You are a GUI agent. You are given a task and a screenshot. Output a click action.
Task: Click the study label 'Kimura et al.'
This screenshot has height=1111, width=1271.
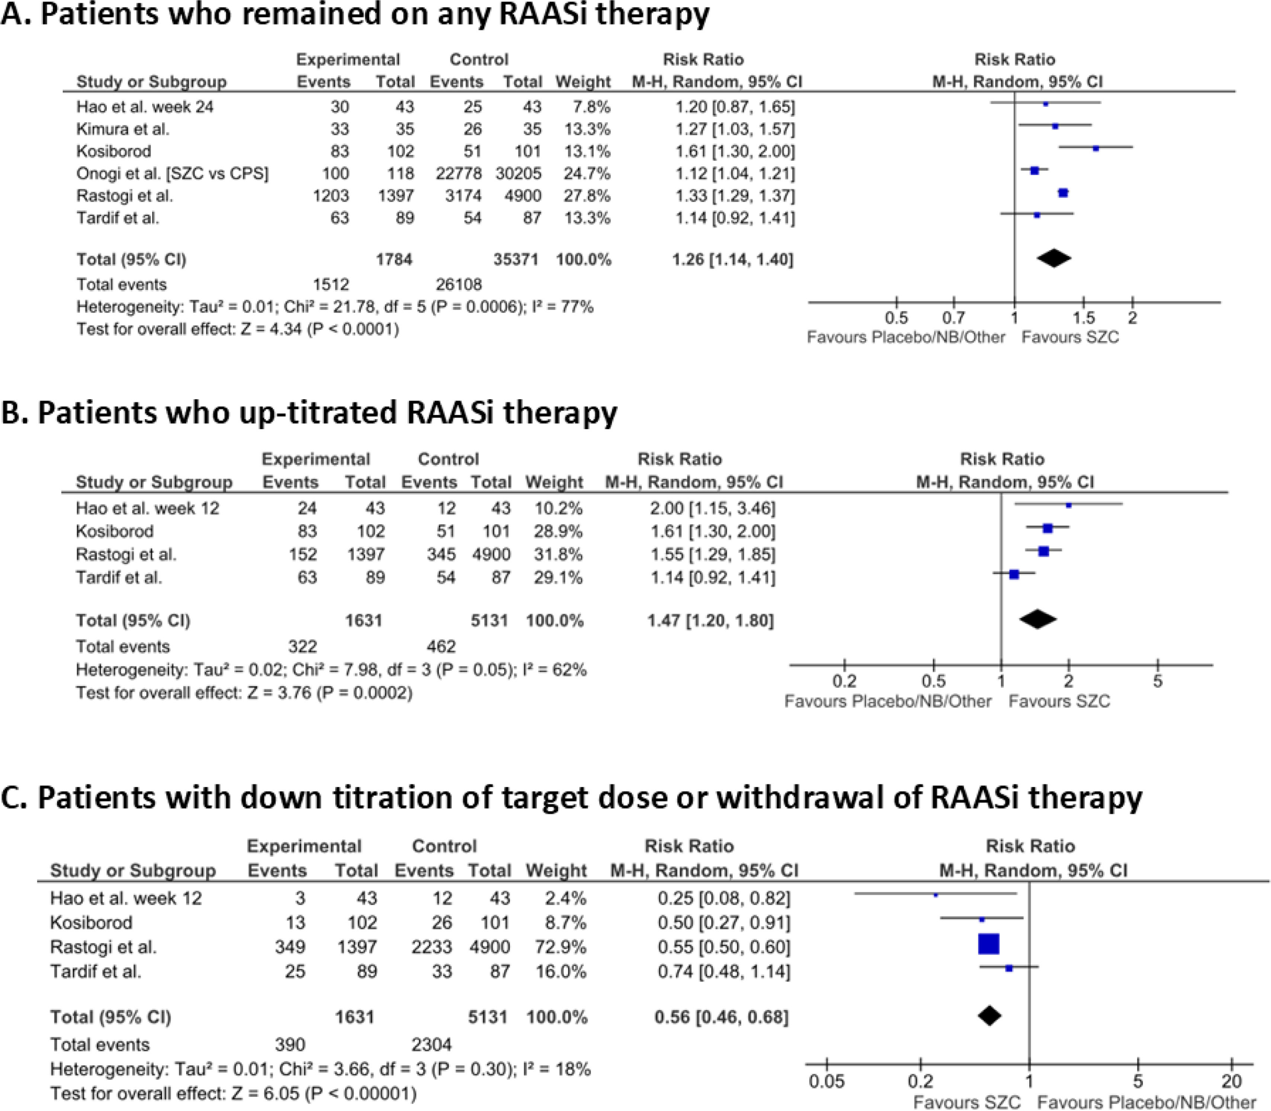click(x=123, y=129)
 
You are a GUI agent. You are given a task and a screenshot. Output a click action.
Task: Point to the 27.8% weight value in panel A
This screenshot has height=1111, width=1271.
click(x=586, y=196)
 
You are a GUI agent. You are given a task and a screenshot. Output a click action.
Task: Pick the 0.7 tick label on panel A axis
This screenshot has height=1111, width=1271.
click(x=954, y=318)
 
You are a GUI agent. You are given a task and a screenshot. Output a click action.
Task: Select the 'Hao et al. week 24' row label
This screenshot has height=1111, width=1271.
click(x=145, y=107)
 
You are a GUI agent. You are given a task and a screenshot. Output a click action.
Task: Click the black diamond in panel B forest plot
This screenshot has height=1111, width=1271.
click(x=1038, y=619)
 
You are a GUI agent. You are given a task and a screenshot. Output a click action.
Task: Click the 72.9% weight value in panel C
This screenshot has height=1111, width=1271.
click(x=556, y=947)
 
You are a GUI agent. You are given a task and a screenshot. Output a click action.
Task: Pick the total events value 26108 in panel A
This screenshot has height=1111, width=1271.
click(x=459, y=285)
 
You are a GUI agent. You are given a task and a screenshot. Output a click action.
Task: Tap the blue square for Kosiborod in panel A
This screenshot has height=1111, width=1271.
click(x=1096, y=148)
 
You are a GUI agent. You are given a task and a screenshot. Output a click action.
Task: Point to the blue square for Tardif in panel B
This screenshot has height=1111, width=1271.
click(x=1014, y=575)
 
